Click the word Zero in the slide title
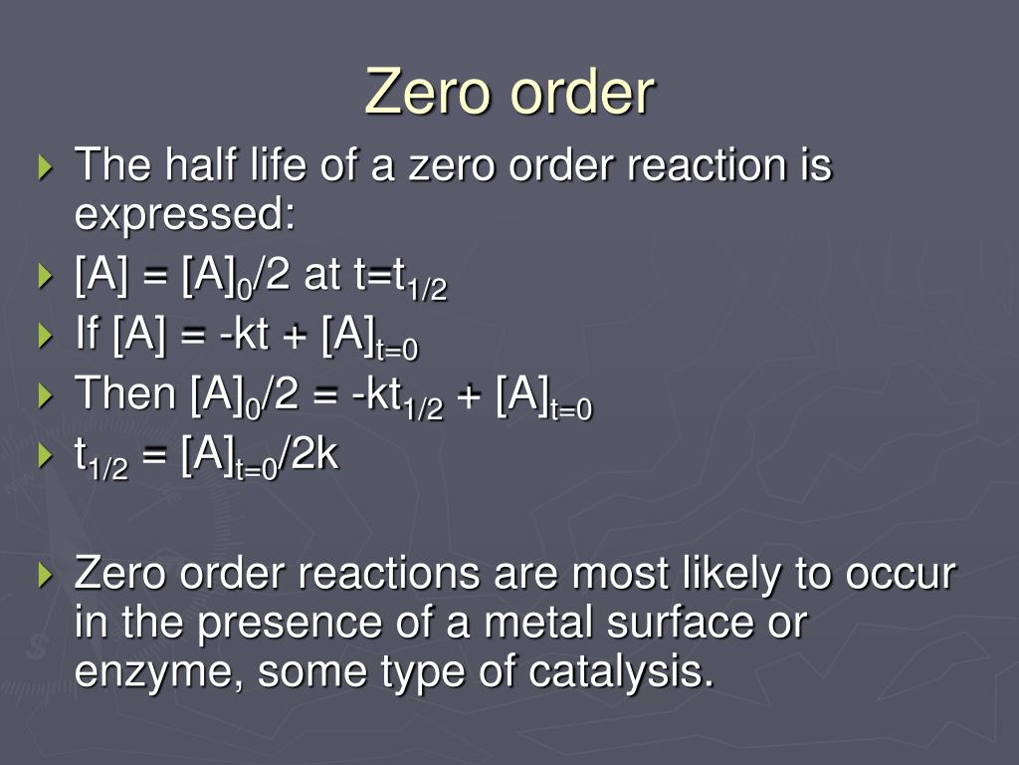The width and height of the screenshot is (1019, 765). tap(430, 93)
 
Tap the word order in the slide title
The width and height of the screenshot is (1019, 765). tap(582, 93)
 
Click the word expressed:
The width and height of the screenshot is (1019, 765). tap(186, 213)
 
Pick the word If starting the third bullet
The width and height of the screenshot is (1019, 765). tap(88, 334)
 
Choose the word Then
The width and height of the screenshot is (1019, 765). tap(125, 394)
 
